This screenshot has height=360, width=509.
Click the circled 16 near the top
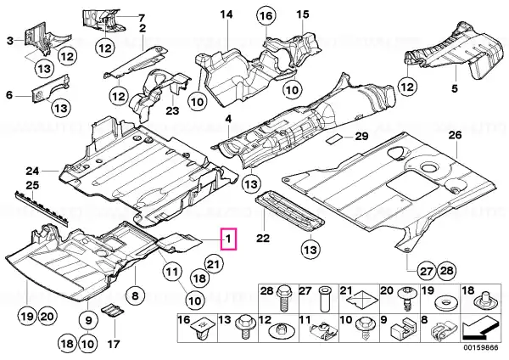[x=265, y=17]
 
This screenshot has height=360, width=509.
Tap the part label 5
[x=453, y=88]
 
